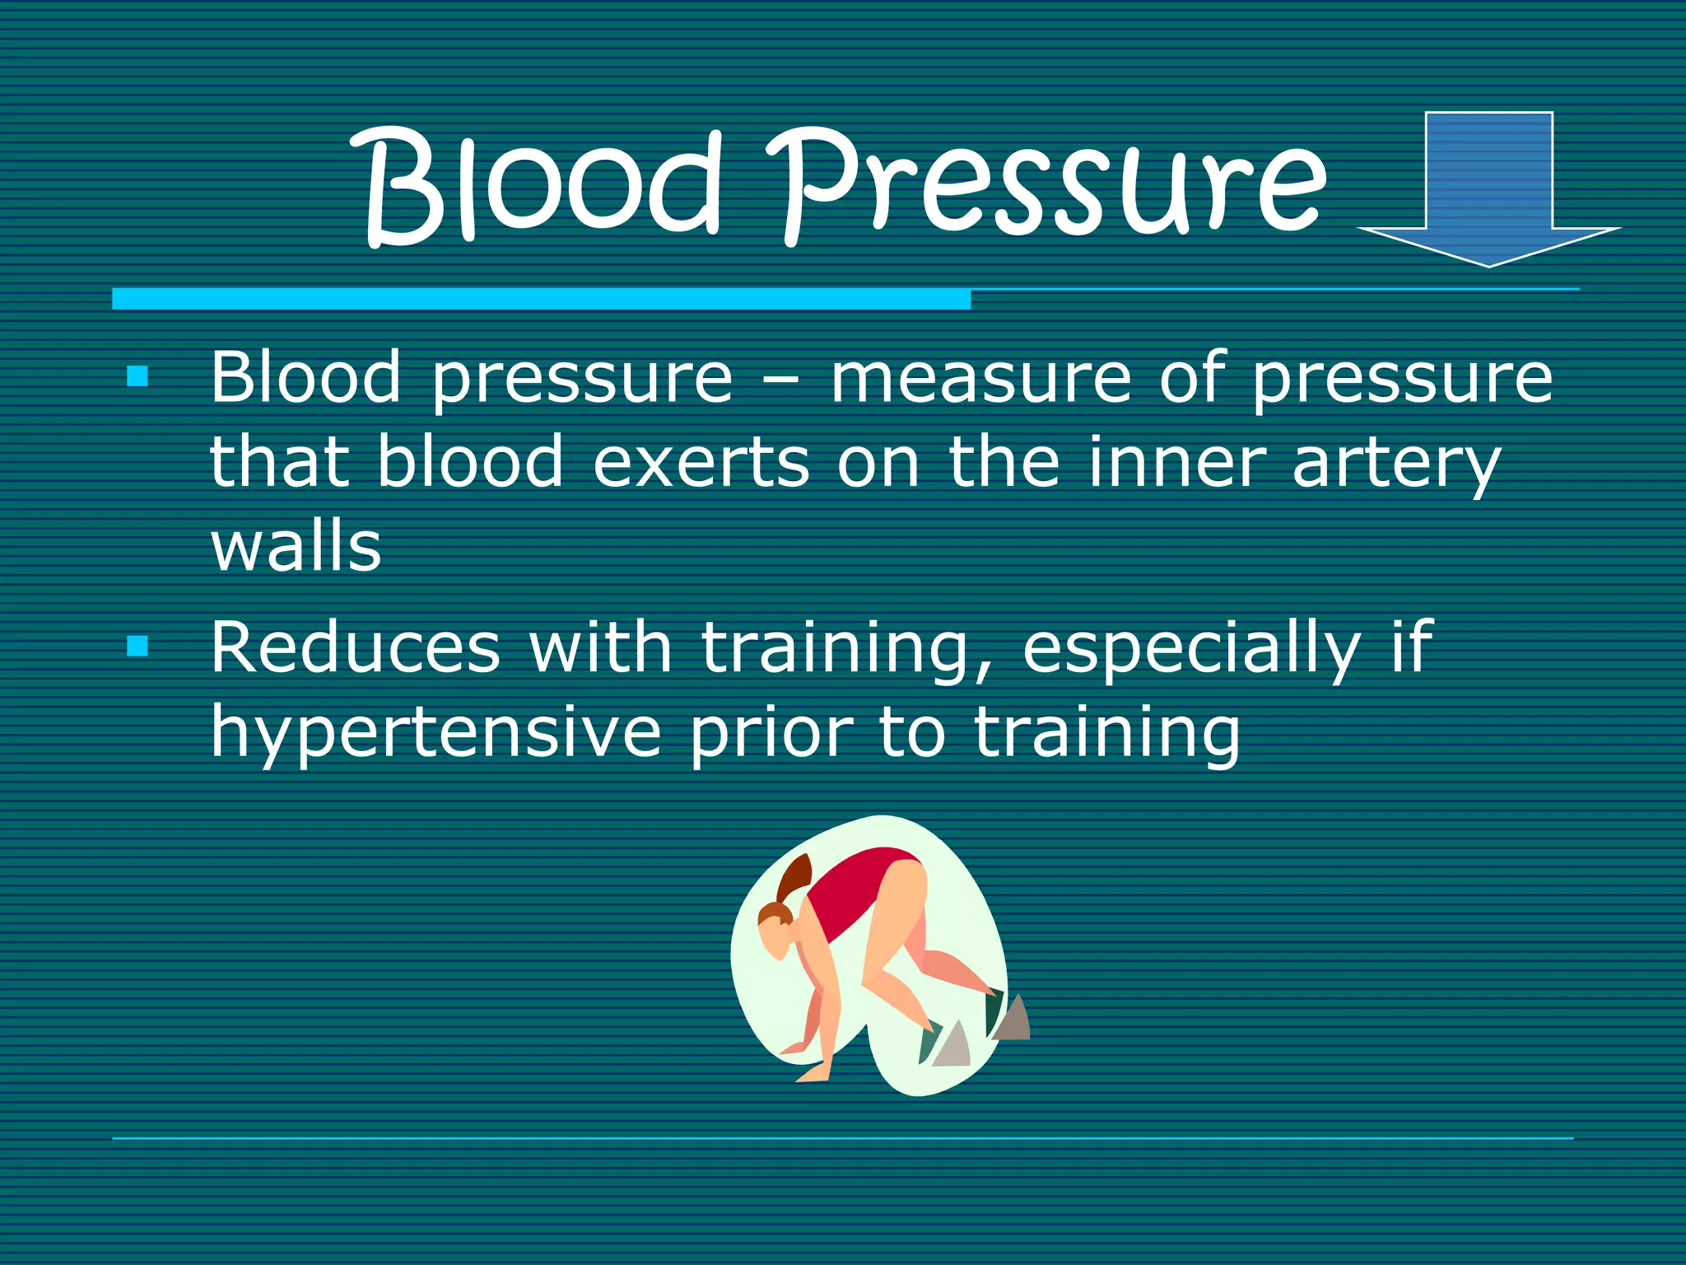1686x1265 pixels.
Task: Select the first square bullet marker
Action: point(137,377)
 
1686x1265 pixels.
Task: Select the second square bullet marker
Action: point(137,646)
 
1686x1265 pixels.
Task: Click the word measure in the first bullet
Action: point(980,379)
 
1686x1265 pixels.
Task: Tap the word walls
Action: point(296,547)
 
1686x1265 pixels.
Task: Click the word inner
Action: point(1177,463)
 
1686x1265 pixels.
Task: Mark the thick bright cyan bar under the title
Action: point(541,299)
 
